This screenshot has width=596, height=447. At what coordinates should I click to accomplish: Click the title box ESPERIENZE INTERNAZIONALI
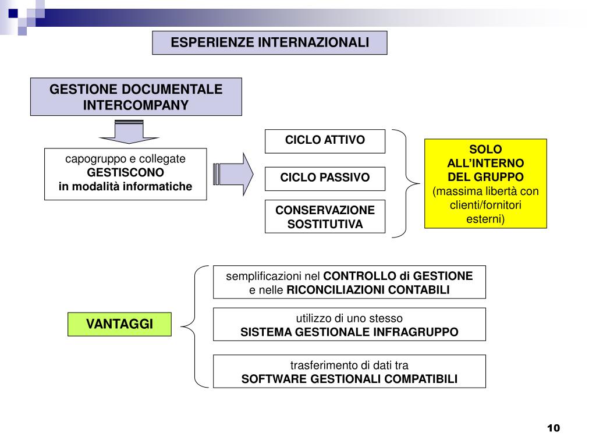(269, 42)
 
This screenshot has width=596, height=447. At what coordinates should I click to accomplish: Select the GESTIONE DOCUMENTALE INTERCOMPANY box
(136, 97)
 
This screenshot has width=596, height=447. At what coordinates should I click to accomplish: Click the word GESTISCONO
(126, 173)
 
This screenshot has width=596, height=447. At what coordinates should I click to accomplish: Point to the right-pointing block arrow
(234, 173)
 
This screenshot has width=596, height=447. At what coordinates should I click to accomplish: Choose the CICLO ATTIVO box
(325, 140)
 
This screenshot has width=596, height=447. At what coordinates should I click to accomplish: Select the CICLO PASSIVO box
(325, 178)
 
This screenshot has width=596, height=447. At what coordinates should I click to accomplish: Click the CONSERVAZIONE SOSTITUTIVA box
(325, 217)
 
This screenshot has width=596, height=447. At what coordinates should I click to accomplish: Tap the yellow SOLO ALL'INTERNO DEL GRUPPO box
(485, 183)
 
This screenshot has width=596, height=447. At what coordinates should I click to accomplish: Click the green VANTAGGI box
(120, 324)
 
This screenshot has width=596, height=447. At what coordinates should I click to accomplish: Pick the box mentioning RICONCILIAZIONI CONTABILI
(349, 282)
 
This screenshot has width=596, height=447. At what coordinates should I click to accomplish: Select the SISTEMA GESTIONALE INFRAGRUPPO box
(349, 324)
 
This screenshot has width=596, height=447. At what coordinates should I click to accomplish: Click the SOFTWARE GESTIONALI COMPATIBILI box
(349, 372)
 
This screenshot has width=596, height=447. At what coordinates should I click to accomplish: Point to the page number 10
(553, 428)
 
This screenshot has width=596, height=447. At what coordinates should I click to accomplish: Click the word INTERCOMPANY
(136, 105)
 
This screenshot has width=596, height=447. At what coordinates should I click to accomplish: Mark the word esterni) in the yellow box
(485, 219)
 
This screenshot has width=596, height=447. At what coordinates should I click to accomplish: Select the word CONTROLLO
(359, 276)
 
